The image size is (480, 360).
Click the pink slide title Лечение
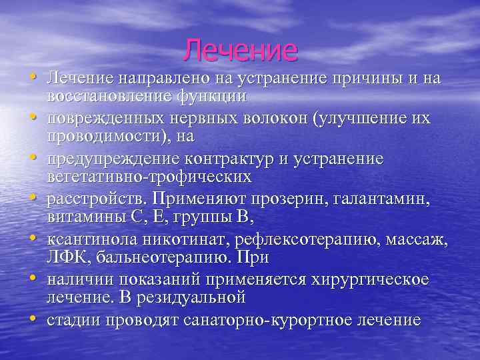241,50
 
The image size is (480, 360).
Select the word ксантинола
86,239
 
